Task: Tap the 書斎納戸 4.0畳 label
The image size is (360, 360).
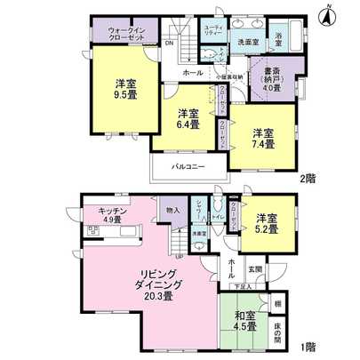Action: click(x=273, y=79)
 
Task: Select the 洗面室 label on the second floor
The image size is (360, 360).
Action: click(x=247, y=41)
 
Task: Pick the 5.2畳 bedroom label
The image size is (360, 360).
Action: click(x=268, y=223)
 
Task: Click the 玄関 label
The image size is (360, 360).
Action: click(x=256, y=268)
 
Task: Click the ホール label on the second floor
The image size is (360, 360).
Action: click(x=192, y=72)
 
